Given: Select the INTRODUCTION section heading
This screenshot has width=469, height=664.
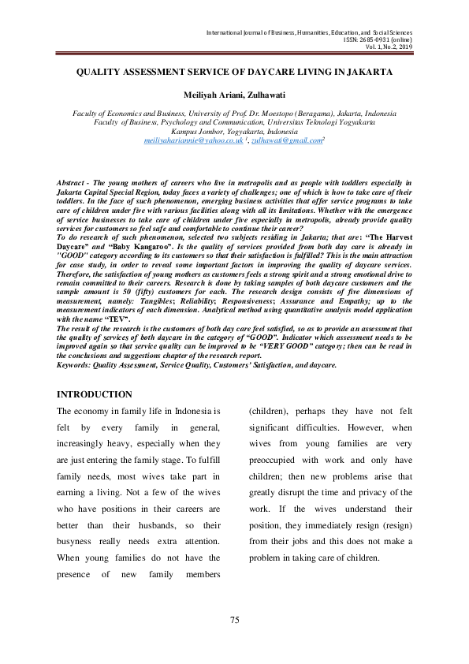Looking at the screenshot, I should pos(95,394).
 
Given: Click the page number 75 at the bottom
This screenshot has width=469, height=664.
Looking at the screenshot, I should pos(234,621).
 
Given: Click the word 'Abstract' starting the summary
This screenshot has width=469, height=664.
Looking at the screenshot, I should pos(72,183).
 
